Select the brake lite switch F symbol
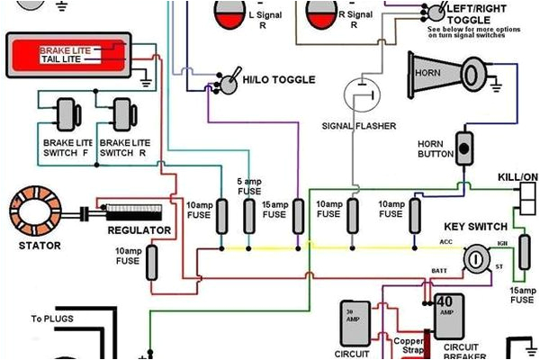point(65,114)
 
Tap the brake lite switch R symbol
point(122,114)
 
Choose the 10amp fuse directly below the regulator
point(151,262)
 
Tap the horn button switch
point(465,148)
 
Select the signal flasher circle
point(361,93)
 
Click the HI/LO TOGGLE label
point(279,80)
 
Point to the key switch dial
point(474,260)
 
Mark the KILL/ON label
point(517,178)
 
